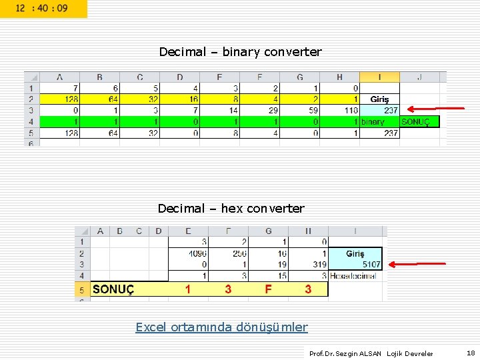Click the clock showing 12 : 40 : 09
(x=42, y=9)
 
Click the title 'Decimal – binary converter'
(x=240, y=52)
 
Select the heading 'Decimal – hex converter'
(x=231, y=209)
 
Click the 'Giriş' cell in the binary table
(x=380, y=99)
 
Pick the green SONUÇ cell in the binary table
(x=419, y=122)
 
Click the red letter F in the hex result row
(x=268, y=289)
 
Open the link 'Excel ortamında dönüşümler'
(x=221, y=327)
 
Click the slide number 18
(x=471, y=353)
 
